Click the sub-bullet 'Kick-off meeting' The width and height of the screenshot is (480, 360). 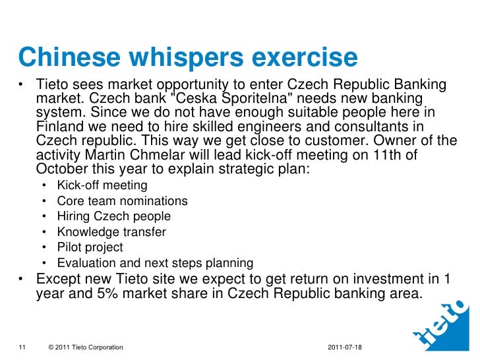point(102,186)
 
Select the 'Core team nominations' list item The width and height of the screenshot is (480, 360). point(122,201)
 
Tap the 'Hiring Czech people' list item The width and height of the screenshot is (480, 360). point(113,216)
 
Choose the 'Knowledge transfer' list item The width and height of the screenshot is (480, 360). point(111,232)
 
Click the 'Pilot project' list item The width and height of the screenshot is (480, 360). point(90,247)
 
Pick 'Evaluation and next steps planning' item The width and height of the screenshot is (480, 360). point(155,263)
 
